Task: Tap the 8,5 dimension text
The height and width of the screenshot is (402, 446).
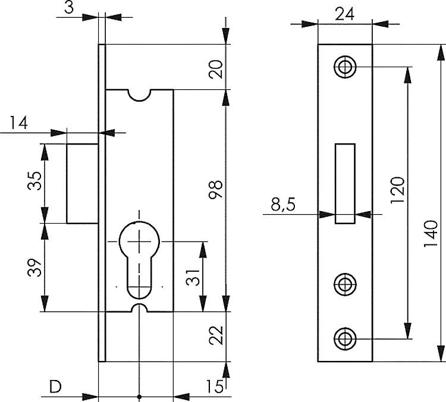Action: click(x=282, y=206)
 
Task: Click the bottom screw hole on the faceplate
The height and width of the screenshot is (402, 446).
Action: click(x=344, y=339)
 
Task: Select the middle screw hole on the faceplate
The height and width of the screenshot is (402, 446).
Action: click(x=344, y=285)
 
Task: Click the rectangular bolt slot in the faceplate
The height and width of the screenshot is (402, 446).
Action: click(x=344, y=183)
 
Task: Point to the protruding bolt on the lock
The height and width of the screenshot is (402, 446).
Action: click(x=82, y=183)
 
